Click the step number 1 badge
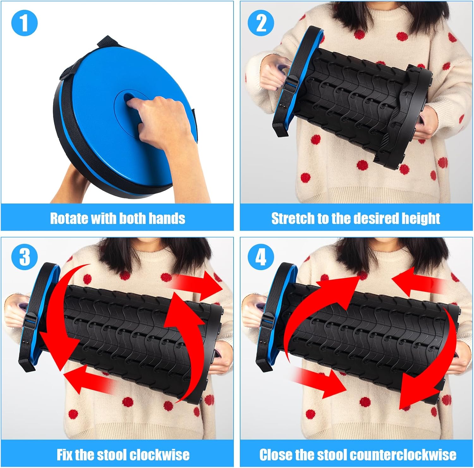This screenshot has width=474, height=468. coord(24,23)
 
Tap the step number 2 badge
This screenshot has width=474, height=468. coord(261,23)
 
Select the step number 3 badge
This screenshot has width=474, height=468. coord(24,257)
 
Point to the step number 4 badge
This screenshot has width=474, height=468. coord(261,257)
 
